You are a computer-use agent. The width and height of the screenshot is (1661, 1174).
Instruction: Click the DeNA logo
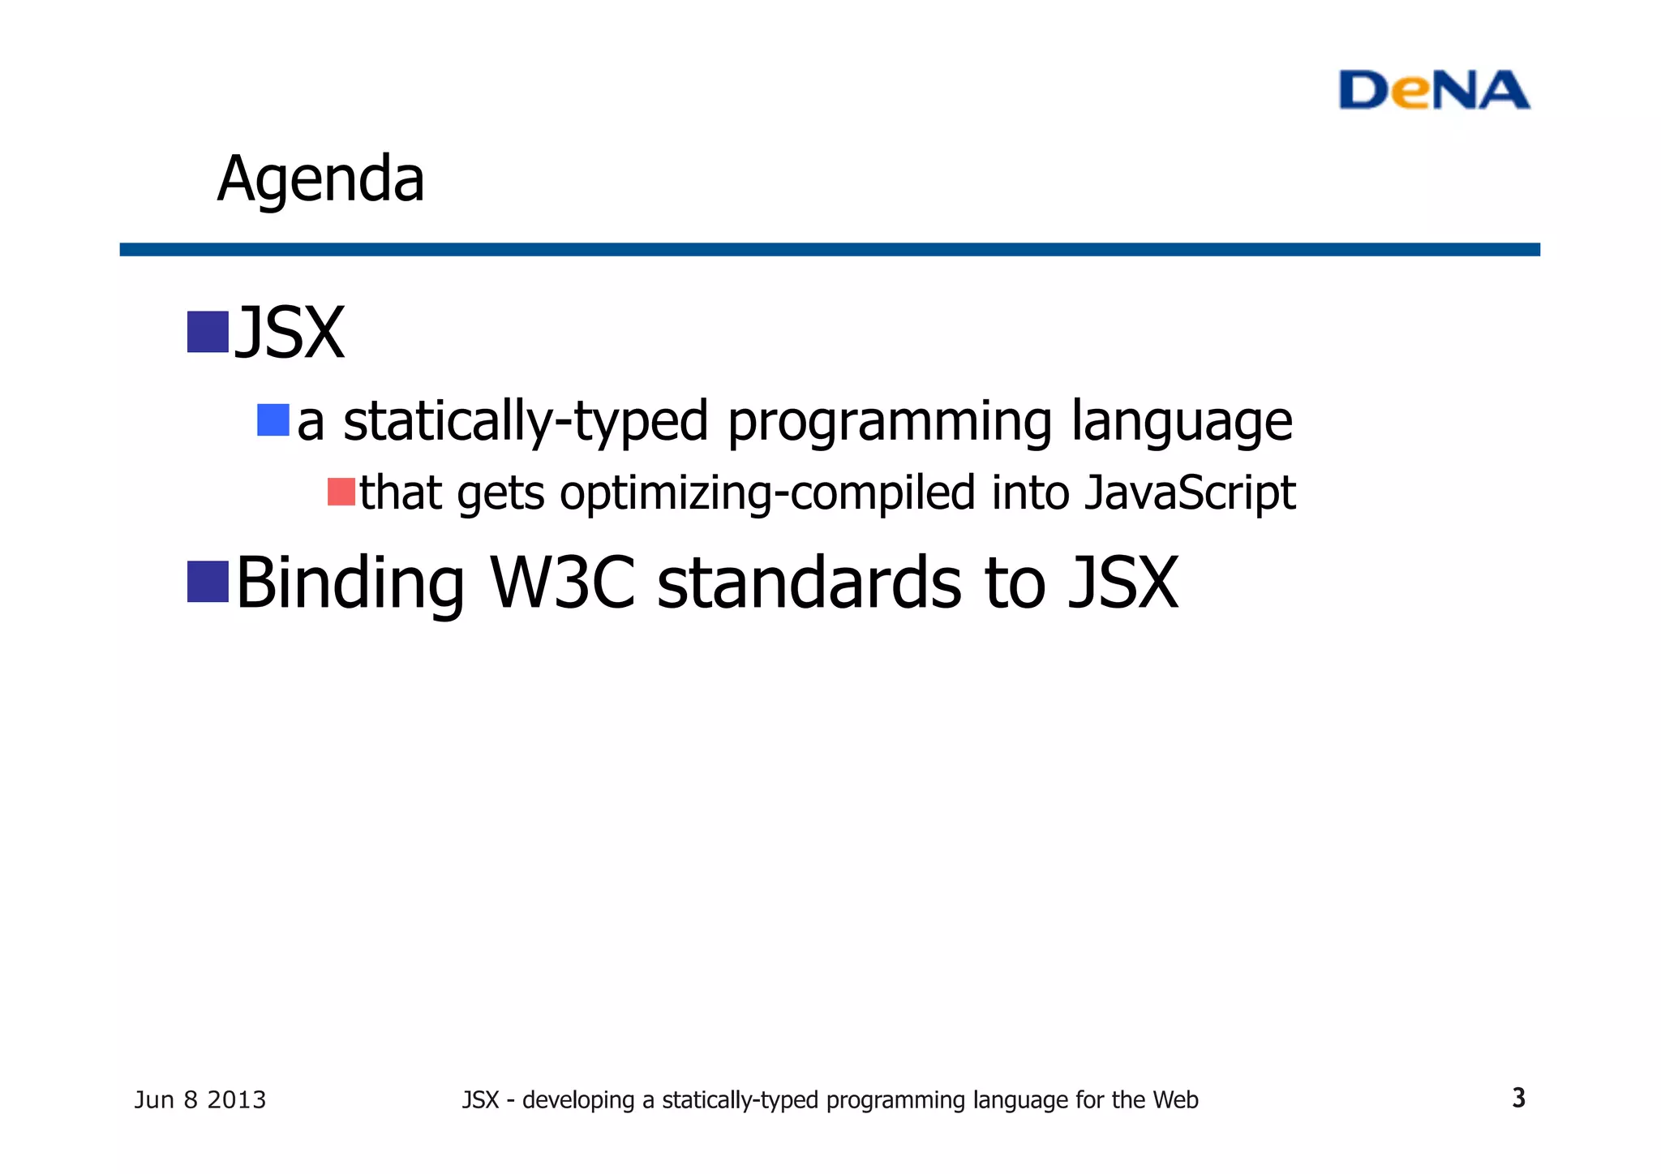click(x=1433, y=90)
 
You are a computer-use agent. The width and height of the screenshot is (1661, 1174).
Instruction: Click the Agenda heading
click(x=320, y=179)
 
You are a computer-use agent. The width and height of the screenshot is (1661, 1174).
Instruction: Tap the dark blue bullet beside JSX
click(x=208, y=332)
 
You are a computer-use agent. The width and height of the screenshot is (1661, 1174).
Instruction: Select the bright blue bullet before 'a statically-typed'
click(x=273, y=420)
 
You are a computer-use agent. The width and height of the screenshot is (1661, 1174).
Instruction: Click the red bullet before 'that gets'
click(x=341, y=492)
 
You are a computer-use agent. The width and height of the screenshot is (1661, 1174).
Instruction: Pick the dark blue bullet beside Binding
click(x=208, y=582)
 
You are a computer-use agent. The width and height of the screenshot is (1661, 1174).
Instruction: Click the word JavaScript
click(x=1190, y=493)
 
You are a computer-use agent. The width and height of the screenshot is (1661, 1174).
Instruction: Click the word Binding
click(x=350, y=584)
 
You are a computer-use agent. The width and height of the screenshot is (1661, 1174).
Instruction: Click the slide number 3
click(x=1518, y=1098)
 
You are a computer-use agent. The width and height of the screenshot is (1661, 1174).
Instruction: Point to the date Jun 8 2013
click(x=200, y=1100)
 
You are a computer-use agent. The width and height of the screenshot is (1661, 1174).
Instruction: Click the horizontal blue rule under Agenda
click(x=829, y=249)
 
